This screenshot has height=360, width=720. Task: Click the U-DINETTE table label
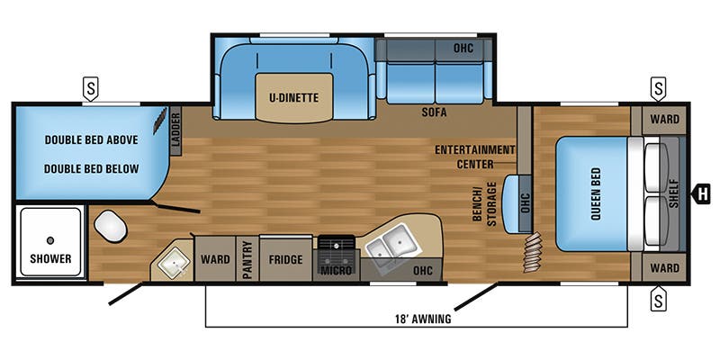tap(294, 98)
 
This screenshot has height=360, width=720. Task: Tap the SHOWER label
tap(50, 258)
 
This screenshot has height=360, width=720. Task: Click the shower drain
tap(50, 240)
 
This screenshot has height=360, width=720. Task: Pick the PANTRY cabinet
tap(247, 258)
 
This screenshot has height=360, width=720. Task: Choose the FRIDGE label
tap(285, 259)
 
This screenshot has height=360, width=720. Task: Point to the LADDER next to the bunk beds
tap(176, 130)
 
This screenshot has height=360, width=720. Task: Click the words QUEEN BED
tap(596, 193)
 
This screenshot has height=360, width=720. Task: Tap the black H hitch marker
tap(701, 193)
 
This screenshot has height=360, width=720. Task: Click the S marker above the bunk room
tap(91, 88)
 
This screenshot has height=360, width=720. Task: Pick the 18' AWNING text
tap(422, 319)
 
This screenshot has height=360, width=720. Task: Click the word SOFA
tap(434, 112)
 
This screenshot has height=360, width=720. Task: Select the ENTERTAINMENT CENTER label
tap(475, 157)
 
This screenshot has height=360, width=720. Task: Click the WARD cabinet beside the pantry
tap(215, 259)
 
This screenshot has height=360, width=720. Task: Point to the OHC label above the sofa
tap(463, 48)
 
